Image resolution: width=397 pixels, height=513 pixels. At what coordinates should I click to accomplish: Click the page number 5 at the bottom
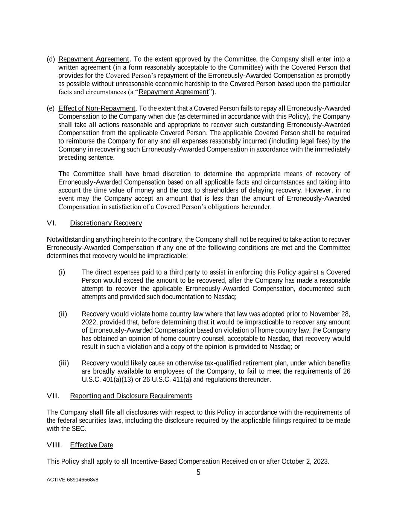coord(198,472)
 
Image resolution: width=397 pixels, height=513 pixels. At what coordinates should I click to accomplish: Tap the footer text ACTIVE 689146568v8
coord(72,480)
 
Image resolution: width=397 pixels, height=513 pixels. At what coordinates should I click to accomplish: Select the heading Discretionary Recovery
coord(106,223)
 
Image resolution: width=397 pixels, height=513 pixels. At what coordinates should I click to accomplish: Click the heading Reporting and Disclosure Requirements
coord(131,396)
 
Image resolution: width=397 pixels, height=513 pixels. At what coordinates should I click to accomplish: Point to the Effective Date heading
coord(91,445)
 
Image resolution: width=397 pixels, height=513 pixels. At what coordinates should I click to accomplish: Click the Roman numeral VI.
coord(51,223)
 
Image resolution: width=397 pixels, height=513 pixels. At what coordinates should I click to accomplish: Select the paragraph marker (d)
coord(51,59)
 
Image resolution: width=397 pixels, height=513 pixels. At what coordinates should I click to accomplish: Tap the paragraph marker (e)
coord(51,109)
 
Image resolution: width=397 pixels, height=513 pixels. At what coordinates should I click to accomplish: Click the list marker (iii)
coord(64,363)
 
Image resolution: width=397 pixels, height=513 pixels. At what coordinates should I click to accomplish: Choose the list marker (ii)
coord(62,314)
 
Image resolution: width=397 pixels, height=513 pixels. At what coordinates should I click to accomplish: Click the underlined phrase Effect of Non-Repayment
coord(97,109)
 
